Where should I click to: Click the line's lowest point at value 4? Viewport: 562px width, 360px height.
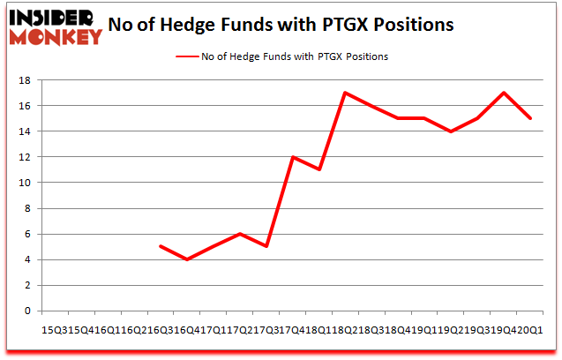(x=186, y=259)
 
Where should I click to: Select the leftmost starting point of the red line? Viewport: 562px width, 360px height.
(x=160, y=246)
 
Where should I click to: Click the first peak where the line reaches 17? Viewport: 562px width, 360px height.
(x=344, y=93)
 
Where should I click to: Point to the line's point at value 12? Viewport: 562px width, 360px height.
(x=291, y=157)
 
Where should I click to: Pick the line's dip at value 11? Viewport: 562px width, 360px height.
(x=318, y=169)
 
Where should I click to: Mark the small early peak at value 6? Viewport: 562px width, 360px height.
(x=239, y=234)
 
